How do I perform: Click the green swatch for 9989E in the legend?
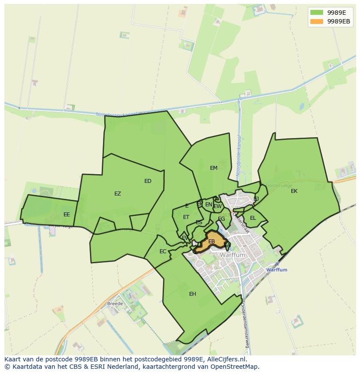(x=317, y=13)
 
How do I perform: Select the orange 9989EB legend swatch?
(x=317, y=21)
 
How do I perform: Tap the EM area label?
(x=213, y=168)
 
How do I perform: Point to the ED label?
(x=148, y=181)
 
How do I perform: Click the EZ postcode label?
(x=117, y=194)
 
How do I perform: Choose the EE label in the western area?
(x=67, y=215)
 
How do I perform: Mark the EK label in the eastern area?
(x=294, y=191)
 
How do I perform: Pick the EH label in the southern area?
(x=193, y=294)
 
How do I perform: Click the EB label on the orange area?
(x=212, y=242)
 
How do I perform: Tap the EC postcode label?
(x=163, y=252)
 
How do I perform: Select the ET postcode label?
(x=186, y=217)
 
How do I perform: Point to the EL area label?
(x=253, y=218)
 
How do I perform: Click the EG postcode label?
(x=221, y=219)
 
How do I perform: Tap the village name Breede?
(x=115, y=303)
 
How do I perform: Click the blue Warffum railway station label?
(x=277, y=270)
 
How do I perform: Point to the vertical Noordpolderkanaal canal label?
(x=239, y=156)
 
